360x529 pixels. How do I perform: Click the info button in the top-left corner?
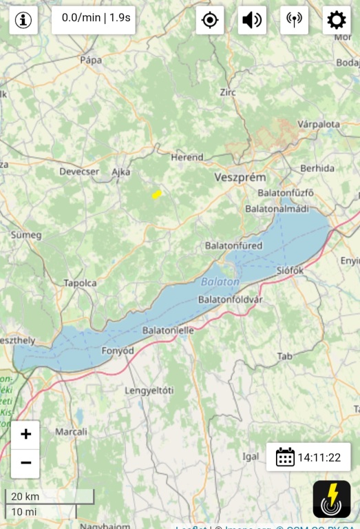(x=23, y=21)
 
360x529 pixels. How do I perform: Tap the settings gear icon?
(x=336, y=21)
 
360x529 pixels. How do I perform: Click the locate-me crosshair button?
(x=210, y=21)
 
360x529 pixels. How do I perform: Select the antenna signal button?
(x=294, y=21)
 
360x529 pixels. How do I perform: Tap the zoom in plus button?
(x=25, y=434)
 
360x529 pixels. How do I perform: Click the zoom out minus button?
(x=25, y=463)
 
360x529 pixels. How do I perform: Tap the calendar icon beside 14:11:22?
(x=285, y=457)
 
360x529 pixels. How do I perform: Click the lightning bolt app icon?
(x=332, y=499)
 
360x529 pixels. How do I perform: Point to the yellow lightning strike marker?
(x=157, y=195)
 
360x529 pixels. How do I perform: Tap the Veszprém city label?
(x=240, y=177)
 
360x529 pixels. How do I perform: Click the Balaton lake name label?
(x=220, y=282)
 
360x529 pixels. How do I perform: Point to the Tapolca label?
(x=80, y=283)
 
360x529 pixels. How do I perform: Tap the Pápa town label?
(x=91, y=60)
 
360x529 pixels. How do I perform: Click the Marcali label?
(x=71, y=432)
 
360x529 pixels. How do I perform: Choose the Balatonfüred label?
(x=233, y=245)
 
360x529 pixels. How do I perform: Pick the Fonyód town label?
(x=117, y=350)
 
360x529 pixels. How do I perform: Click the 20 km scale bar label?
(x=25, y=497)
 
